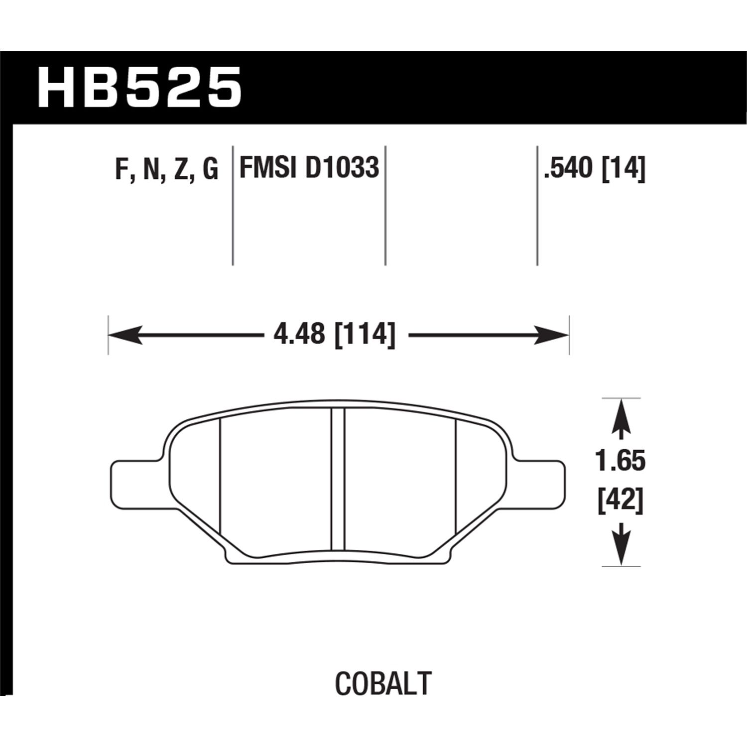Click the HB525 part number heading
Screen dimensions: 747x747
click(139, 88)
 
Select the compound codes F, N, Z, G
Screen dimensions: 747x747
click(166, 169)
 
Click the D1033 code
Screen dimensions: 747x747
click(342, 167)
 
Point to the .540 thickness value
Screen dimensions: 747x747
click(570, 168)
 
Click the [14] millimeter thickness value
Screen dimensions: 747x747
click(623, 168)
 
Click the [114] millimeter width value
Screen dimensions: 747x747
click(365, 334)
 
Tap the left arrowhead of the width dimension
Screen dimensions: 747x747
click(122, 335)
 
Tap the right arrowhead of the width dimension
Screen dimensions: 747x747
click(554, 335)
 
